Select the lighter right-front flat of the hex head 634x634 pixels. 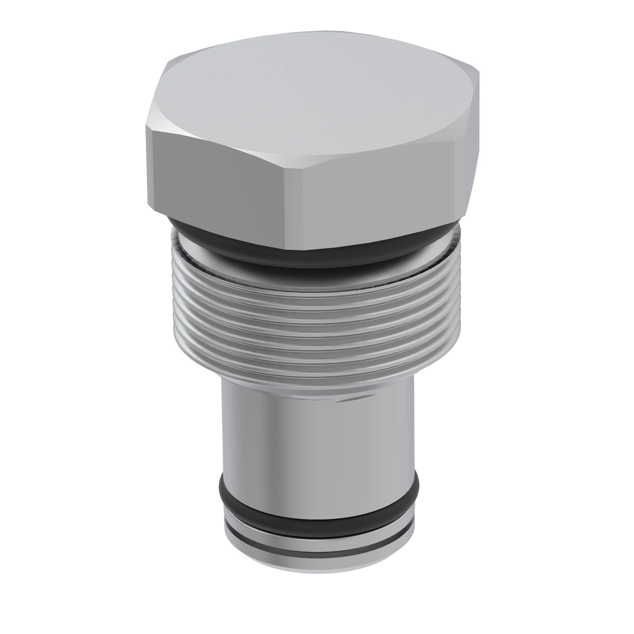[x=377, y=194]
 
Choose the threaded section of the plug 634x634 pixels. [x=315, y=328]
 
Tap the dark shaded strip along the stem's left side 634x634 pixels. [x=226, y=437]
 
